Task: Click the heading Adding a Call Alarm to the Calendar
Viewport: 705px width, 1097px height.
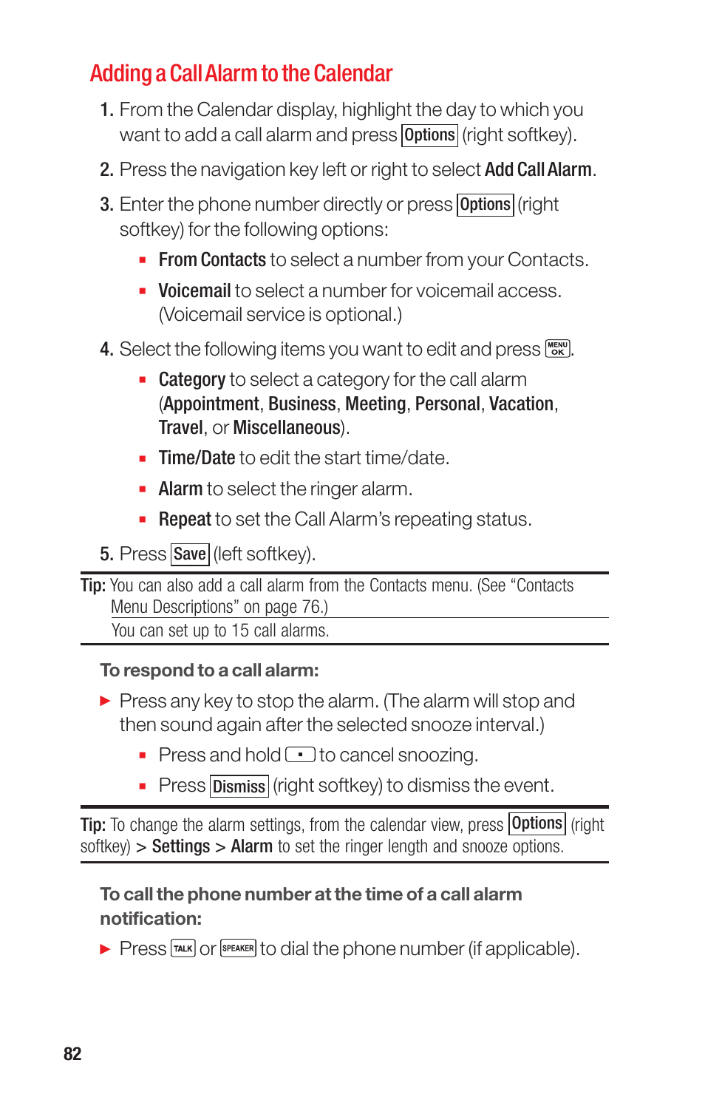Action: coord(241,74)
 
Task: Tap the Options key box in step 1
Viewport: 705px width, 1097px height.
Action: coord(429,135)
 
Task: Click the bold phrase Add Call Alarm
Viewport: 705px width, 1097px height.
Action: coord(538,170)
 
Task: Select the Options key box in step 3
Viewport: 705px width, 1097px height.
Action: coord(485,205)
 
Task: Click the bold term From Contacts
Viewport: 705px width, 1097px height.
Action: coord(212,260)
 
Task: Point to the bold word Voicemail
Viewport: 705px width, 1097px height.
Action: coord(194,291)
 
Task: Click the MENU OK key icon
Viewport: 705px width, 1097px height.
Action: coord(557,349)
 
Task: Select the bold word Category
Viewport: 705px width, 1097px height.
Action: coord(191,380)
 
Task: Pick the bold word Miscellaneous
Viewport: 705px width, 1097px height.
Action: coord(287,428)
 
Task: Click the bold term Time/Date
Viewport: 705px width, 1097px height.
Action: coord(197,458)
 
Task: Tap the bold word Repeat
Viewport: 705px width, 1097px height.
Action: coord(185,520)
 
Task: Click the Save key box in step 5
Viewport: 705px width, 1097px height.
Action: coord(190,554)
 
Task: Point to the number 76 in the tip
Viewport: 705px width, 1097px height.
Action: coord(310,608)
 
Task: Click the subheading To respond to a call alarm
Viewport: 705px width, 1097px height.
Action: coord(209,670)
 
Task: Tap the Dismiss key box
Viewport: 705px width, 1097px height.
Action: coord(239,787)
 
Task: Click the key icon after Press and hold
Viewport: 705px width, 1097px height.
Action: coord(300,755)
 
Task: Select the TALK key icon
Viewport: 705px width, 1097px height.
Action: coord(183,948)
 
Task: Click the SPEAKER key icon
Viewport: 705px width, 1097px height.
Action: coord(238,948)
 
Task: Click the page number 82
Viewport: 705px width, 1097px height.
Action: coord(72,1054)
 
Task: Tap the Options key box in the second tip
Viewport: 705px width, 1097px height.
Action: coord(537,823)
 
